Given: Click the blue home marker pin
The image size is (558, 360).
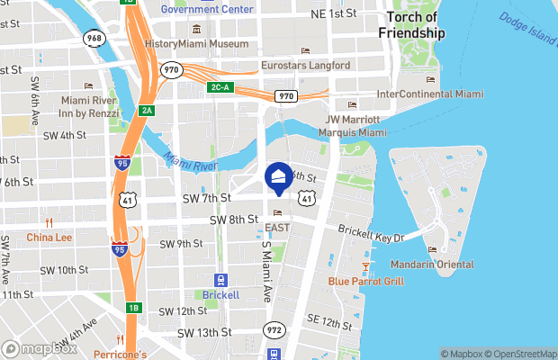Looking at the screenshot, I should [x=279, y=177].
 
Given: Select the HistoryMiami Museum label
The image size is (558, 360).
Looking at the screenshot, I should [x=196, y=44].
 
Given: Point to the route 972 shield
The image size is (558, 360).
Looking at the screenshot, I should [x=274, y=331].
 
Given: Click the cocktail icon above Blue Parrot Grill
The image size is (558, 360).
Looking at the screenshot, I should [x=366, y=265].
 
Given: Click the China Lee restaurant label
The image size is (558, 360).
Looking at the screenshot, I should [x=49, y=238].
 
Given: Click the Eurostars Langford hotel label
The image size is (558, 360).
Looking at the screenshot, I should [x=304, y=65].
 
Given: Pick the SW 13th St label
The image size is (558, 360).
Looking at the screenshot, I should [x=204, y=332].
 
